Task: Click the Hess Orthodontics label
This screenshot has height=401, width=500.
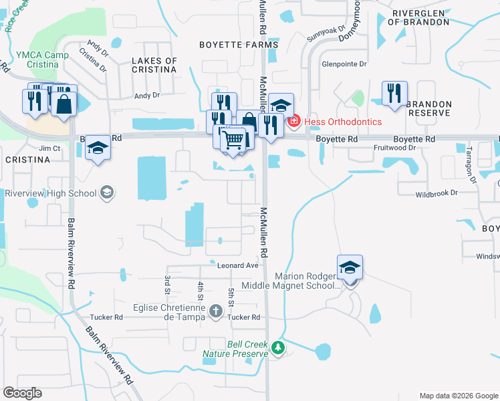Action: click(343, 122)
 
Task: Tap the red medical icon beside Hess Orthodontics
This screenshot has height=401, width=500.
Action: click(293, 122)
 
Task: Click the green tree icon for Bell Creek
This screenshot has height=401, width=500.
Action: click(278, 348)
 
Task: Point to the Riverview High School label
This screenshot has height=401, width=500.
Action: click(50, 193)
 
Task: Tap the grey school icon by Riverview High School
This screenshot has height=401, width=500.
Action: click(106, 193)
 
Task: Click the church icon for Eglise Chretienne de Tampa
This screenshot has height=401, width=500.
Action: click(215, 311)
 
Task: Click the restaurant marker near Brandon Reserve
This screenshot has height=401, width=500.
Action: click(394, 94)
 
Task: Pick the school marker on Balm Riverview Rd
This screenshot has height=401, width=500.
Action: click(98, 148)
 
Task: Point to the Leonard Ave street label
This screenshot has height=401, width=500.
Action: click(237, 265)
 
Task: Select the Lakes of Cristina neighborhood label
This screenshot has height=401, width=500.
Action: click(154, 65)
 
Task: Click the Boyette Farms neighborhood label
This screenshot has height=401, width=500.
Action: click(239, 44)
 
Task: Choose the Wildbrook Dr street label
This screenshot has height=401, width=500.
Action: click(436, 192)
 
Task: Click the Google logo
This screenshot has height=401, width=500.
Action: click(22, 393)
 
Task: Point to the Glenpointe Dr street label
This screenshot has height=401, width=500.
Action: click(344, 65)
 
